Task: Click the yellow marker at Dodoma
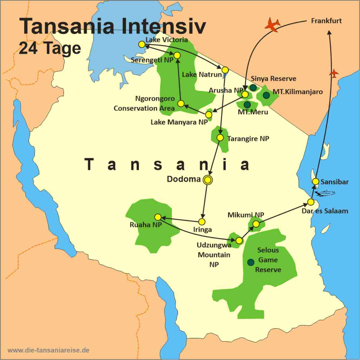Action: tap(208, 180)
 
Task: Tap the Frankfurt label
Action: tap(326, 21)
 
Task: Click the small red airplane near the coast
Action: tap(334, 73)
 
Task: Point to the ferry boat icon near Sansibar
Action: tap(326, 193)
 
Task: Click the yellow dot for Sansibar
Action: tap(315, 181)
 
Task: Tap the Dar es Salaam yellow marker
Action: tap(311, 202)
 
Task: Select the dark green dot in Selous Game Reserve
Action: tap(251, 262)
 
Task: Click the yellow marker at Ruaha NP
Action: tap(158, 217)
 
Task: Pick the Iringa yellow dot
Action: tap(202, 222)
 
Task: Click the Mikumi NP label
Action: tap(246, 215)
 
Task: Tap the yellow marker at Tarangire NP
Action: tap(220, 138)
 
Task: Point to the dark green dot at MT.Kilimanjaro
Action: tap(266, 95)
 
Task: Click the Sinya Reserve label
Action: tap(273, 79)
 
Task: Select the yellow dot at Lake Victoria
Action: tap(141, 44)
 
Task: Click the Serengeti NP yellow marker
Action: tap(177, 55)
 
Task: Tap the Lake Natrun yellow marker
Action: tap(225, 70)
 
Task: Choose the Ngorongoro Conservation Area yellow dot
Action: tap(181, 104)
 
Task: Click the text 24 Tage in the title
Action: tap(49, 48)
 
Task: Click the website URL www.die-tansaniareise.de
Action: tap(48, 350)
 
